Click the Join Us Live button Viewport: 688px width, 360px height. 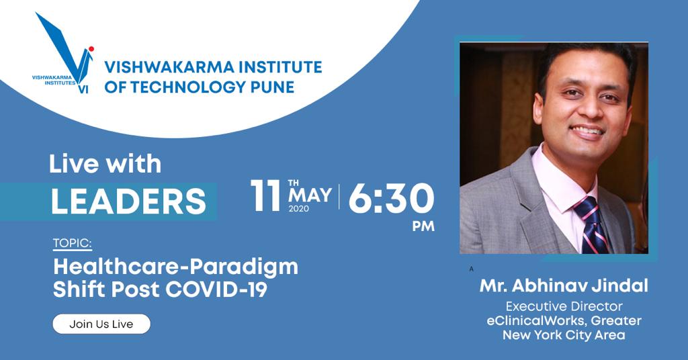point(101,324)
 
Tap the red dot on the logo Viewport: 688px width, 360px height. point(91,48)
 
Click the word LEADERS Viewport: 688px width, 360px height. point(128,201)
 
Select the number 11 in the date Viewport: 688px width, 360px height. point(265,195)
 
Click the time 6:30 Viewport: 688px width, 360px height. point(391,198)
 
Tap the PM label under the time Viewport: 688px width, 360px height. point(423,226)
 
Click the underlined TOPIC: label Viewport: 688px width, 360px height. point(73,243)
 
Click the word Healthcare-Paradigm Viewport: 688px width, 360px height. point(175,267)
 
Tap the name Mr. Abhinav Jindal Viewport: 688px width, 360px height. point(564,286)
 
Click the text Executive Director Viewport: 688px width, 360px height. point(564,306)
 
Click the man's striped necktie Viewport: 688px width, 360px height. point(591,225)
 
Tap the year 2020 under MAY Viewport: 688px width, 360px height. point(298,209)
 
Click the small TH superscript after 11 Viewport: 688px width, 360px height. point(294,183)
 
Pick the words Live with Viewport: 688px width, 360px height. point(105,164)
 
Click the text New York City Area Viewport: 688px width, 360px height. point(564,335)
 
